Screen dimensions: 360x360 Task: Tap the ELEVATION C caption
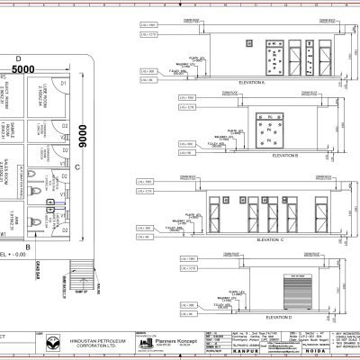(x=269, y=240)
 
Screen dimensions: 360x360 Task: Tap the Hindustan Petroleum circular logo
(x=54, y=343)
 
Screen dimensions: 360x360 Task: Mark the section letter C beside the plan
(x=77, y=166)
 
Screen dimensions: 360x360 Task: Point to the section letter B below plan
(x=29, y=246)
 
